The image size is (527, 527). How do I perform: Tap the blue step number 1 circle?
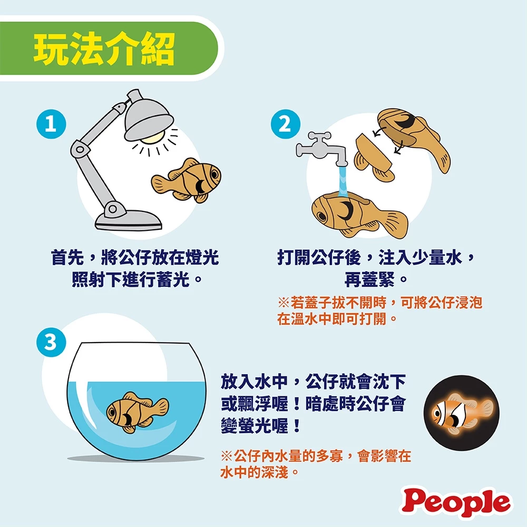pyautogui.click(x=51, y=124)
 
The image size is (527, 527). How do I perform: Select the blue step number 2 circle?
pyautogui.click(x=285, y=124)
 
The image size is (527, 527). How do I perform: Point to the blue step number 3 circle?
pyautogui.click(x=51, y=342)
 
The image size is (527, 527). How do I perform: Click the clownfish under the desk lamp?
pyautogui.click(x=186, y=181)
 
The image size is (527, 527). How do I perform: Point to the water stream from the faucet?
pyautogui.click(x=343, y=181)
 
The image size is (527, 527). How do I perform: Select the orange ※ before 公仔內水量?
pyautogui.click(x=227, y=456)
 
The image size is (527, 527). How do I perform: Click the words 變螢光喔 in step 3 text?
pyautogui.click(x=255, y=426)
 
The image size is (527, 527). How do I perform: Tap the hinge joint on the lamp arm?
pyautogui.click(x=80, y=149)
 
